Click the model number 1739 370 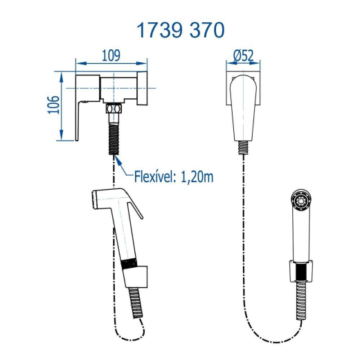click(x=180, y=30)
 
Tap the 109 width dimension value click(x=111, y=55)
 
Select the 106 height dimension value click(x=53, y=105)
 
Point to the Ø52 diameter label click(x=243, y=55)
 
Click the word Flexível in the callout click(x=154, y=177)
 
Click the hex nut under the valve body click(x=114, y=109)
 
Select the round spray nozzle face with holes click(x=301, y=200)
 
